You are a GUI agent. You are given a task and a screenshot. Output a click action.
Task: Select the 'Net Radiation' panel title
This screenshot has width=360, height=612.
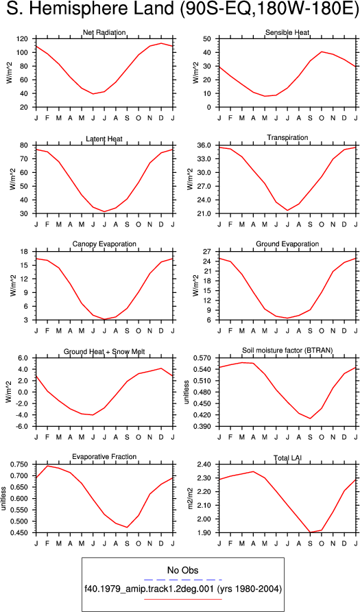pos(104,32)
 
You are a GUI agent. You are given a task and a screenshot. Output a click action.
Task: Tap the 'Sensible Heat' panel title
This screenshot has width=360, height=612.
pos(287,32)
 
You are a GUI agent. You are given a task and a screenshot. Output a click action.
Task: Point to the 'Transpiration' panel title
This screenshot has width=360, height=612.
pos(287,138)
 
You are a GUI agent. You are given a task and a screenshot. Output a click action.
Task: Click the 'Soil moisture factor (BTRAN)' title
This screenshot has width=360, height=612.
pos(287,351)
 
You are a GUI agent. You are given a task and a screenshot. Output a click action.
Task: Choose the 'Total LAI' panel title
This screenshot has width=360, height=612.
pos(287,457)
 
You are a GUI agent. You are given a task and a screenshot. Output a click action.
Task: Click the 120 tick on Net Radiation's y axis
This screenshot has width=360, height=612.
pos(27,39)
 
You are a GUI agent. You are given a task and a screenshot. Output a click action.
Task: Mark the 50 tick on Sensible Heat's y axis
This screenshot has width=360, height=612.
pos(212,39)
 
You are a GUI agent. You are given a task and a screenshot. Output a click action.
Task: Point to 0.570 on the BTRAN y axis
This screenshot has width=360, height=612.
pos(208,358)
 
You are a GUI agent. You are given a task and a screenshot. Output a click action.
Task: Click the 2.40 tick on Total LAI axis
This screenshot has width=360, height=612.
pos(209,464)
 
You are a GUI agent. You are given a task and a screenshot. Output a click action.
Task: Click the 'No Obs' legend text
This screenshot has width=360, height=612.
pos(182,570)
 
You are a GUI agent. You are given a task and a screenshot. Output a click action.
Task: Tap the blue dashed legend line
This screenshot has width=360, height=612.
pos(182,580)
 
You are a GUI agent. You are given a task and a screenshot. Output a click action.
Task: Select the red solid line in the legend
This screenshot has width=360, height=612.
pos(182,599)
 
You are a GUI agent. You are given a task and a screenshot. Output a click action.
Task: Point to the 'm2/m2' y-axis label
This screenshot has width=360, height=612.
pos(191,498)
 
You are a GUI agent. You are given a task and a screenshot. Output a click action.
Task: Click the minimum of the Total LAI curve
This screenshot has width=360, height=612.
pos(311,532)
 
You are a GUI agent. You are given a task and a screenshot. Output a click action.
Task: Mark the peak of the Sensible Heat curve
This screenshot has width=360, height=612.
pos(322,51)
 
